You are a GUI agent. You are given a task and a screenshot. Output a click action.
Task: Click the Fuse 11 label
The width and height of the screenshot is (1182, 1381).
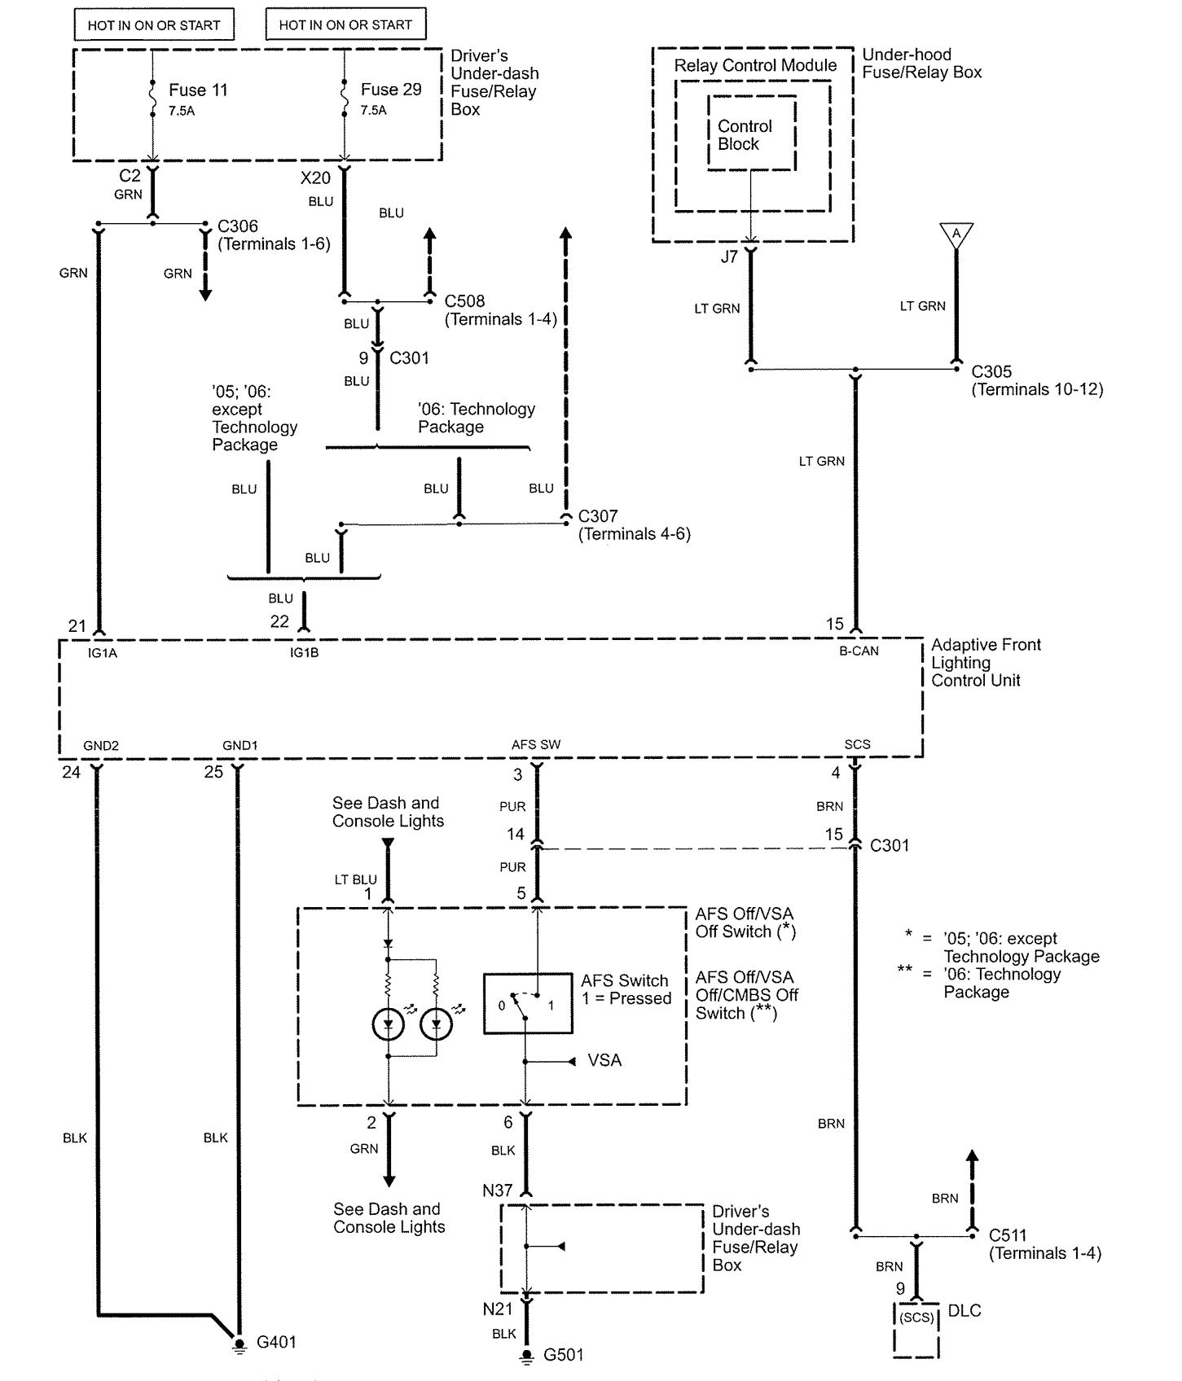pos(198,90)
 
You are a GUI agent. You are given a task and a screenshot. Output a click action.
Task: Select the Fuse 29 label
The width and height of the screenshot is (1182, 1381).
pos(391,90)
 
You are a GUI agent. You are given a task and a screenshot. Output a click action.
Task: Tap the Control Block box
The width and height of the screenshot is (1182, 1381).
pos(750,134)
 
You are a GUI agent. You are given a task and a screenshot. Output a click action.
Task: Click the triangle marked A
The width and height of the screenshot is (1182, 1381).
pos(956,234)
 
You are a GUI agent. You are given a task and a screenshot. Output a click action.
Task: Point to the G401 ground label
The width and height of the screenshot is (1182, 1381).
pos(276,1342)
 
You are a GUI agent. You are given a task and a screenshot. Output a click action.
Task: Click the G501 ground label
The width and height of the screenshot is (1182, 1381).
pos(564,1355)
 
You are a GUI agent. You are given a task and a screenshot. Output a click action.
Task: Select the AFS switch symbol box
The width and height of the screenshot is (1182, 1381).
pos(527,1003)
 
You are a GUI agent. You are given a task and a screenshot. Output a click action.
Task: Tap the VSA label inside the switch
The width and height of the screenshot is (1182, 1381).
pos(604,1060)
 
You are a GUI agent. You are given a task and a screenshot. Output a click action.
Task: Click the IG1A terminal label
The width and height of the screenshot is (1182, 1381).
pos(102,652)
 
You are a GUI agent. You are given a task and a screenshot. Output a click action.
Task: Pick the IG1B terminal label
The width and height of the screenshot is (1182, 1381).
pos(304,652)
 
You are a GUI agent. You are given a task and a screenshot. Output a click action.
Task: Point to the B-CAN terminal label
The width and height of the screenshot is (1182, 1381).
pos(859,651)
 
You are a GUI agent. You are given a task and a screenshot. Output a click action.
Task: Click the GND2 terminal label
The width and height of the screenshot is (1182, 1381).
pos(101,745)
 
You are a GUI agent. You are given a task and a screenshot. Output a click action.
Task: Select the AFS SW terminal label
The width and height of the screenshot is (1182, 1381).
pos(536,744)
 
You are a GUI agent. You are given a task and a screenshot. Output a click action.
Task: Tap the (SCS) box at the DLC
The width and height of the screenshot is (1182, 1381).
pos(916,1317)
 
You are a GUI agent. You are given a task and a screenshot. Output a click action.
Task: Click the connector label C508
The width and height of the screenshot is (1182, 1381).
pos(464,301)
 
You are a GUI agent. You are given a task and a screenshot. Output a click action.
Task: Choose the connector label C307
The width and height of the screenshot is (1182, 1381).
pos(598,516)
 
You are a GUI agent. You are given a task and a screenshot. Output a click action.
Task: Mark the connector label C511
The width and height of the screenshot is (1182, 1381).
pos(1008,1235)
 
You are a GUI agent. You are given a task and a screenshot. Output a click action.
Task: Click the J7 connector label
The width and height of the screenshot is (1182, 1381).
pos(729,256)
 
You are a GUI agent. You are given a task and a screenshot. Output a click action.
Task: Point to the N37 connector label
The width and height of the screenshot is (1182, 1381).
pos(497,1190)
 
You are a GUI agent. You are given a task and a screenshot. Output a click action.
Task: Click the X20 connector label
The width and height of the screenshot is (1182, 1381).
pos(315,178)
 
